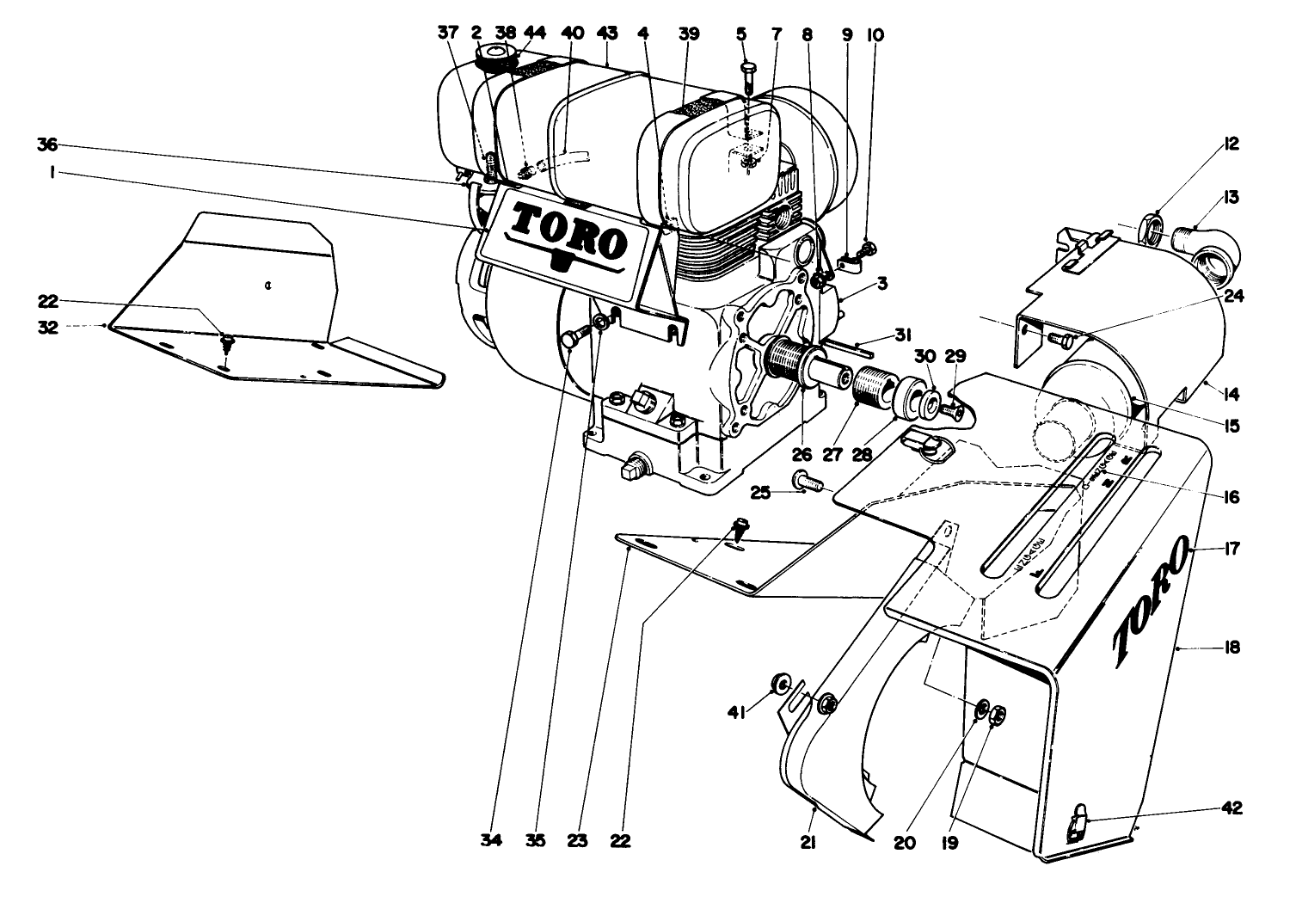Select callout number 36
coord(46,144)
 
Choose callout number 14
coord(1232,395)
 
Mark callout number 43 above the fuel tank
coord(607,34)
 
